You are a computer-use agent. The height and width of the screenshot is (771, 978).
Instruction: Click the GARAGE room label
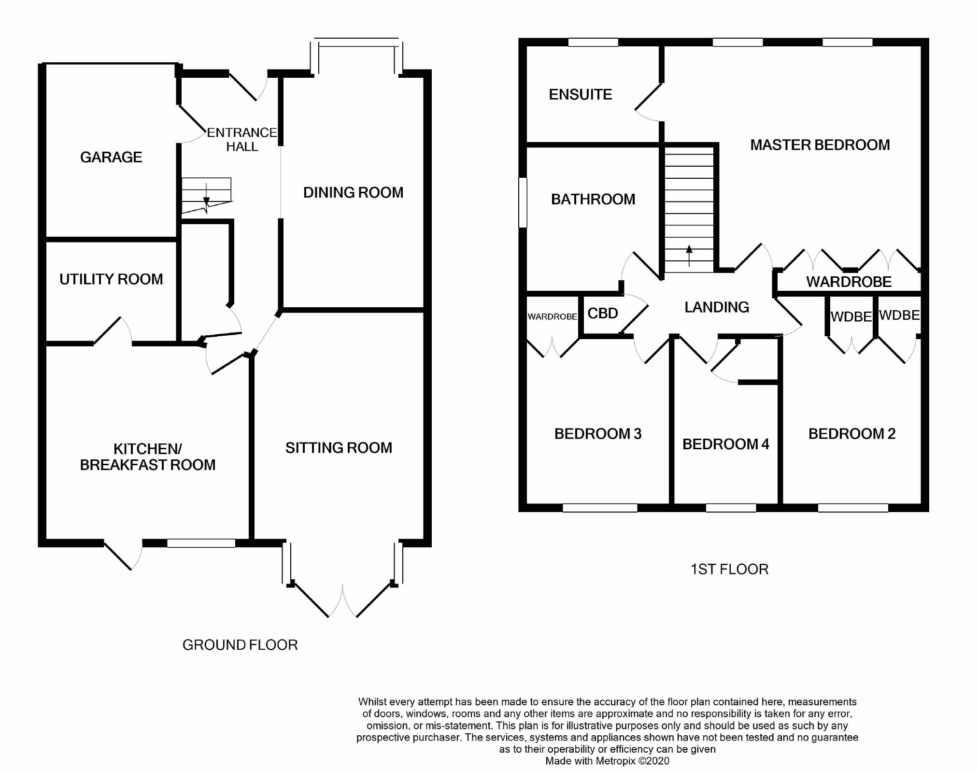(x=111, y=157)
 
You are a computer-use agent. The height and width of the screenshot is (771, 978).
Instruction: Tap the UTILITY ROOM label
(x=111, y=279)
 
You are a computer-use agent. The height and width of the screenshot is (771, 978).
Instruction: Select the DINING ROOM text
(x=353, y=193)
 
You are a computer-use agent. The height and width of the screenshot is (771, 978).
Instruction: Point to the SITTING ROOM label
(x=339, y=448)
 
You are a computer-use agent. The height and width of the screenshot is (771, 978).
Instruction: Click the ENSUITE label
(x=581, y=94)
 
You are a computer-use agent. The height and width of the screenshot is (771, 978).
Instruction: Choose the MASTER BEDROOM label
(x=820, y=145)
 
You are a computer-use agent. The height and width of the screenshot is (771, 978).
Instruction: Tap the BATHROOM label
(x=593, y=199)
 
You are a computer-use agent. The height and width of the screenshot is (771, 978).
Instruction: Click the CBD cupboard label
(x=603, y=314)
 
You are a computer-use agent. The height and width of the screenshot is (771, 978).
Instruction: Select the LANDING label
(x=717, y=307)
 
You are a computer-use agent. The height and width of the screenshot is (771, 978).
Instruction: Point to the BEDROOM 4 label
(x=725, y=444)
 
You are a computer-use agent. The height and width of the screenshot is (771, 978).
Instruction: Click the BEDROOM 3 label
(x=598, y=434)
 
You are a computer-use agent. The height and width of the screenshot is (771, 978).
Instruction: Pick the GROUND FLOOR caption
(x=240, y=645)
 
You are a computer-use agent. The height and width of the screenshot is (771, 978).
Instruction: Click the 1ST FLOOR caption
(x=729, y=569)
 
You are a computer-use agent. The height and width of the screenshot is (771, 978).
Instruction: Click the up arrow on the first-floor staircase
(x=689, y=256)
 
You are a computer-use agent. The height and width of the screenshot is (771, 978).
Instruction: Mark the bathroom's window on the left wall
(x=523, y=202)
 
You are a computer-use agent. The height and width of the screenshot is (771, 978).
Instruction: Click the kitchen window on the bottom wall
(x=201, y=543)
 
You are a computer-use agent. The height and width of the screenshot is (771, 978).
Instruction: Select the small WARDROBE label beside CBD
(x=553, y=317)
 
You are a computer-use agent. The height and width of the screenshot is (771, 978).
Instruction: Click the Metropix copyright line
(x=608, y=761)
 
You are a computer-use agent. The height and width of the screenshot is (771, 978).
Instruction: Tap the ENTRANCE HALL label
(x=242, y=140)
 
